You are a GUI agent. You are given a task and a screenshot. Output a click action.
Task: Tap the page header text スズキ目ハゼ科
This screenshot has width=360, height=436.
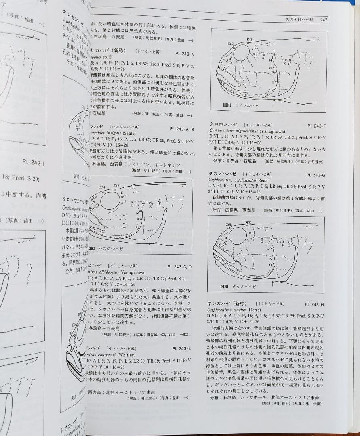click(x=301, y=19)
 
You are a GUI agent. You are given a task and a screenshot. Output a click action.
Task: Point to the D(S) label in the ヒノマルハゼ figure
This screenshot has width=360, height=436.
click(x=250, y=40)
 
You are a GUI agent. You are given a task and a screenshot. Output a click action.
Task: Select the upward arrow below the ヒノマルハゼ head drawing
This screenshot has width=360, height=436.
click(x=274, y=99)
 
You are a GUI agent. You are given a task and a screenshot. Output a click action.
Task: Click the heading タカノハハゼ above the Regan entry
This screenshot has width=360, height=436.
click(x=223, y=174)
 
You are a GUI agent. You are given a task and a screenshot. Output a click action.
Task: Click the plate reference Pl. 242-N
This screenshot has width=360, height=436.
click(x=185, y=53)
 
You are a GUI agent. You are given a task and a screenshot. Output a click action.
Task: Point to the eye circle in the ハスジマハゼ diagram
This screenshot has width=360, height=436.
click(x=110, y=200)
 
